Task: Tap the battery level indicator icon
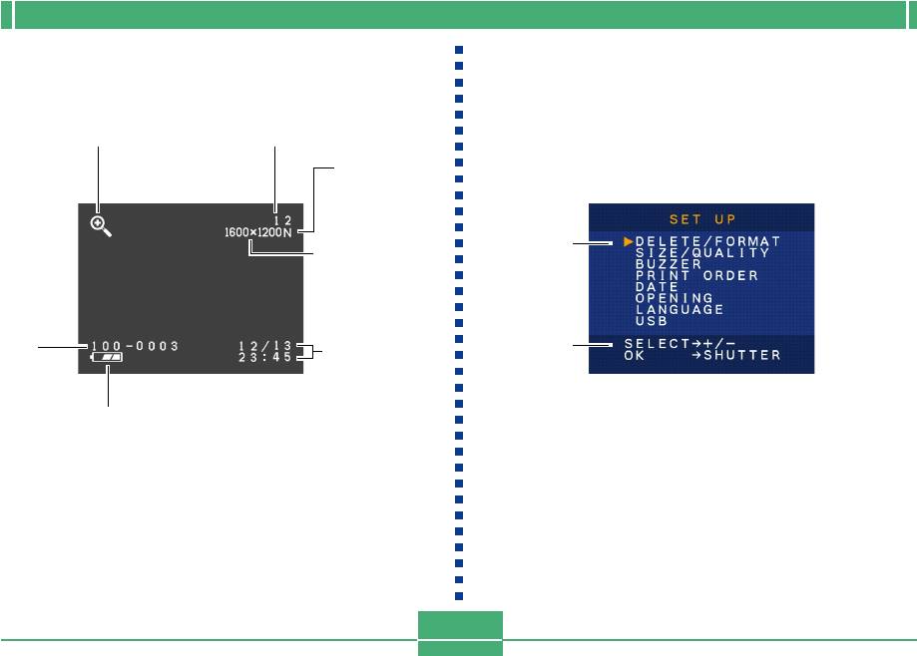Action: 107,356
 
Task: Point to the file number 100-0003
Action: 134,346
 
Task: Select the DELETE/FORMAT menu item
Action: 707,241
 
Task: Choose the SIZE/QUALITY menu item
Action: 702,253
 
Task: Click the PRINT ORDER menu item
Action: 696,275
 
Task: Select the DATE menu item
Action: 657,286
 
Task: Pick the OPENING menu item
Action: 674,298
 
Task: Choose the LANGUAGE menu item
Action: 680,309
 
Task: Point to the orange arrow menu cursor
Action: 628,241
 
